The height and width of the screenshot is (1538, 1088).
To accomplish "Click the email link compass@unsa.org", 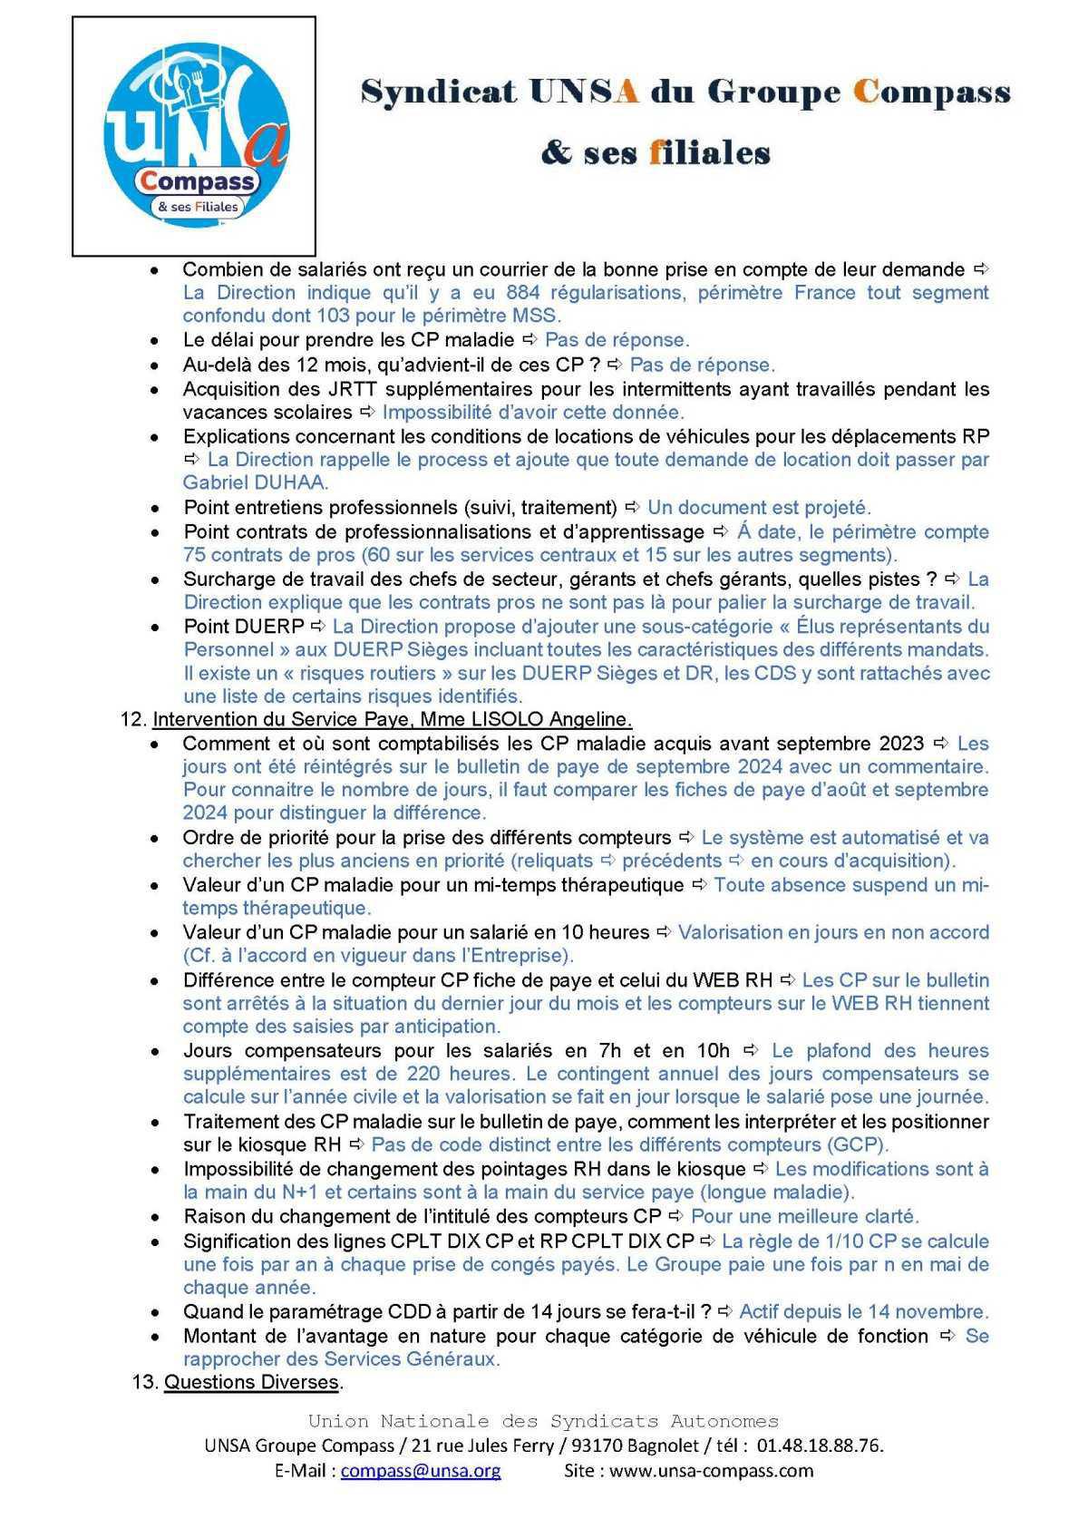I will coord(420,1470).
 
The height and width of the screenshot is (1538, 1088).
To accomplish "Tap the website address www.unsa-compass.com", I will coord(711,1470).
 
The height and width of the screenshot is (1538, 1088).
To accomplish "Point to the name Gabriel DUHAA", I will coord(256,482).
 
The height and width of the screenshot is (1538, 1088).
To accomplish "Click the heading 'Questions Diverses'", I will coord(251,1383).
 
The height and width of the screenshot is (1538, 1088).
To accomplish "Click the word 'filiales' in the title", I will coord(709,152).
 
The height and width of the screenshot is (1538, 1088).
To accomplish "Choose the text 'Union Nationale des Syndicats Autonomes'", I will coord(543,1421).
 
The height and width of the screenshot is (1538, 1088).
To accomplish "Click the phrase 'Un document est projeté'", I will coord(758,507).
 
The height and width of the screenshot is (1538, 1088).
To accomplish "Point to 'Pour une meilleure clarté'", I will coord(804,1216).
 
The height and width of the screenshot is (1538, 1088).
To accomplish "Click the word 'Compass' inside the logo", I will coord(198,180).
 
